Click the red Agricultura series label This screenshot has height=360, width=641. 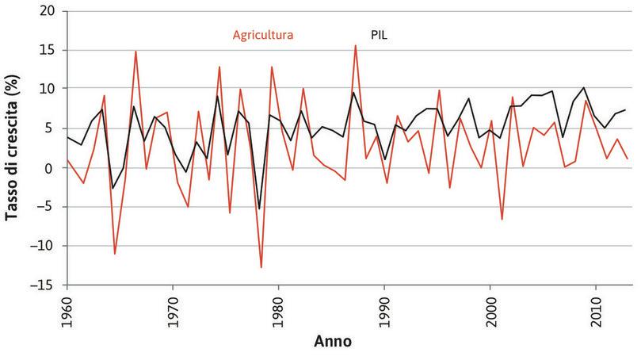tap(263, 35)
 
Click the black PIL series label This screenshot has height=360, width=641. tap(380, 35)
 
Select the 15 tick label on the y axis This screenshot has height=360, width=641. tap(51, 50)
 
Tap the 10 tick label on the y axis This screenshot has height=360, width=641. tap(51, 89)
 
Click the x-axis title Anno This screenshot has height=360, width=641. tap(333, 343)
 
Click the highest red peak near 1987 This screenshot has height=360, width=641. tap(355, 46)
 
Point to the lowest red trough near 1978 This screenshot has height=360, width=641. tap(261, 267)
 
